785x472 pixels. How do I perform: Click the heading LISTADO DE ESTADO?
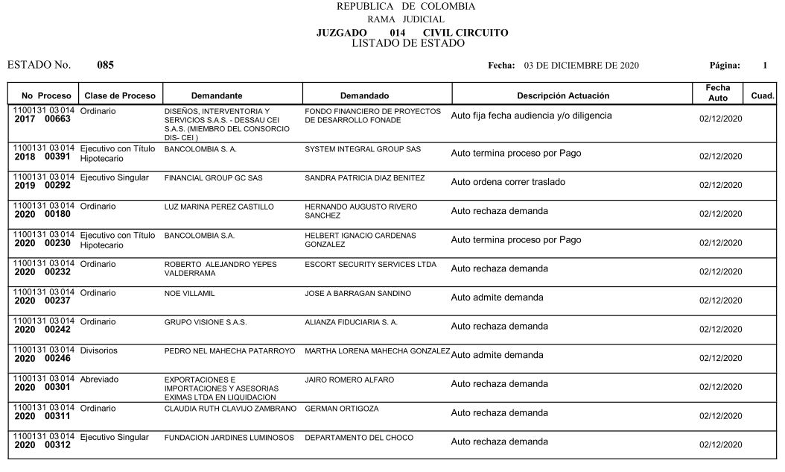click(407, 43)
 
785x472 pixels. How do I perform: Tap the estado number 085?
click(105, 65)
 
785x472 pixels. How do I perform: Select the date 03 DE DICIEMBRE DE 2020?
click(581, 66)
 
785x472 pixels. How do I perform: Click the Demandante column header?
click(217, 96)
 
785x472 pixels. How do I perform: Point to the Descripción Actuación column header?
click(563, 96)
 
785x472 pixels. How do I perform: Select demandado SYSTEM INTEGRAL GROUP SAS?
click(363, 149)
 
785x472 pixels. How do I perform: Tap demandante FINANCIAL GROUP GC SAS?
click(213, 178)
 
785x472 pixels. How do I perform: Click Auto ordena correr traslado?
click(508, 182)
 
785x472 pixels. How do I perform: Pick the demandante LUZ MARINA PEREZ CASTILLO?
click(219, 207)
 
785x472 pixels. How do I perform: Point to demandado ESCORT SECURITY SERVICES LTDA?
click(370, 265)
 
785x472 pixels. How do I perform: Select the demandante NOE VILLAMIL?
click(189, 294)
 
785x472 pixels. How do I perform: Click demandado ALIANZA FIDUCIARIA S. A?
click(351, 323)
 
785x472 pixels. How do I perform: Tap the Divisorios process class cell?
click(98, 350)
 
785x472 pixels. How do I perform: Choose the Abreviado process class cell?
click(99, 380)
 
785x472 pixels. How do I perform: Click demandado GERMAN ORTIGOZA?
click(342, 409)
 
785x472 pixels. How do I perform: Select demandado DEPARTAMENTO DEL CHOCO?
click(359, 438)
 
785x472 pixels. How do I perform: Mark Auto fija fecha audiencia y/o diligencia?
click(531, 116)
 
